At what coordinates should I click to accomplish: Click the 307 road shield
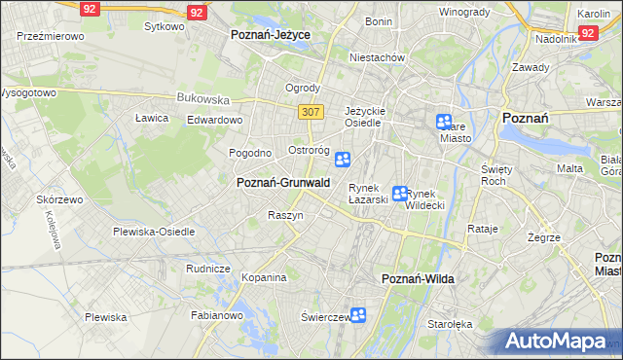point(311,112)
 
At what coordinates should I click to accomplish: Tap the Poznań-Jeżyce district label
point(270,34)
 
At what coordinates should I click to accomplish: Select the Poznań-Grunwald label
point(283,182)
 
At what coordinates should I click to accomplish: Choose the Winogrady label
point(463,12)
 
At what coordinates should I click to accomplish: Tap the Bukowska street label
point(202,98)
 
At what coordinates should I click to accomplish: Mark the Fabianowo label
point(216,315)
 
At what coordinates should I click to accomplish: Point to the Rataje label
point(483,230)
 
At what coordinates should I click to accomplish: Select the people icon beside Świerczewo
point(358,315)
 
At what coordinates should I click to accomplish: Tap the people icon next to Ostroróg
point(343,160)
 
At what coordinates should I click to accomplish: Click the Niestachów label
point(378,57)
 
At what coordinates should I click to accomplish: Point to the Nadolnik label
point(556,40)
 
